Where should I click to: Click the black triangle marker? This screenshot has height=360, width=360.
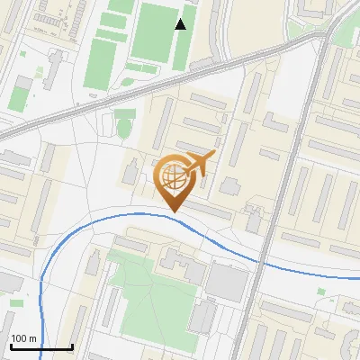coord(181,24)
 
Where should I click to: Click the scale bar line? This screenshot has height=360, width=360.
coord(40,347)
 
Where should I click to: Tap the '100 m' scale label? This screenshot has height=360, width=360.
coord(23,338)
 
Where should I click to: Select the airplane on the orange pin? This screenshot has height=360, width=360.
coord(198,162)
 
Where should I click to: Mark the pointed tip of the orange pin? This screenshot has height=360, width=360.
coord(172,211)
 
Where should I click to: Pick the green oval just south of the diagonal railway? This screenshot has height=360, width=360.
coord(123,128)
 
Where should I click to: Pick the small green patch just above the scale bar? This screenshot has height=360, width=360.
coord(16,303)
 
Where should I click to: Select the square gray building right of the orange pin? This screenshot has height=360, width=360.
coord(231,186)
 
